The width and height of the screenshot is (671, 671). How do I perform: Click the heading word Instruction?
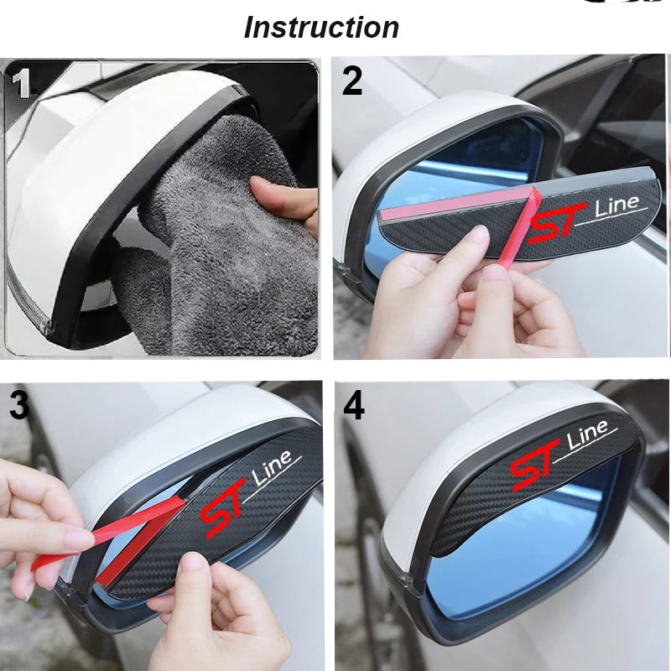click(321, 28)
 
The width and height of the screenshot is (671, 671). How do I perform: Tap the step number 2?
click(352, 81)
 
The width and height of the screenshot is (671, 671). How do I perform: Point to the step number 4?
click(354, 406)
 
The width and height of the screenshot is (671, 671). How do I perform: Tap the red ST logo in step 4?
click(535, 466)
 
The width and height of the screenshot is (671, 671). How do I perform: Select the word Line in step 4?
click(588, 438)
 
